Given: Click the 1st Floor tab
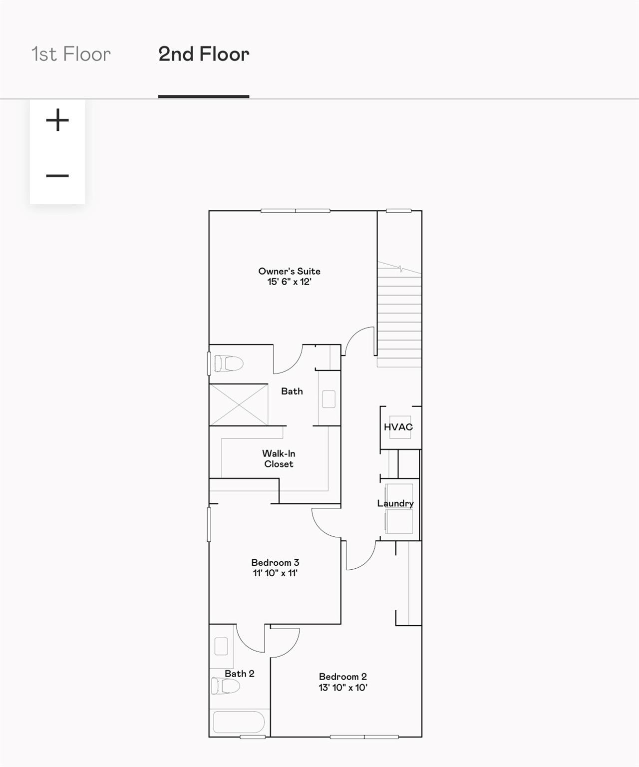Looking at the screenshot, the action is click(x=71, y=54).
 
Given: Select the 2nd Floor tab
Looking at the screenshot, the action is click(x=204, y=54).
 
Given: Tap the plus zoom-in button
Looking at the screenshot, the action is click(x=57, y=120).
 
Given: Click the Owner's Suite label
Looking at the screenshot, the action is click(x=290, y=271).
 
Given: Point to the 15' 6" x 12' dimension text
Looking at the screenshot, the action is click(x=290, y=282).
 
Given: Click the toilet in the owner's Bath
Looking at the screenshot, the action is click(x=229, y=364).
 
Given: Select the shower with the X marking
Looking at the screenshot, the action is click(x=239, y=405).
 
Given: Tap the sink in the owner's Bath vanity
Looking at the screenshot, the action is click(x=328, y=399).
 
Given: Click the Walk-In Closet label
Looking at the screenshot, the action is click(x=279, y=459).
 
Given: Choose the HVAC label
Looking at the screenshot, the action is click(x=398, y=427).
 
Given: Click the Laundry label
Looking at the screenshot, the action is click(x=395, y=503).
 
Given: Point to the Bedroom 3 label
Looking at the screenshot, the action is click(x=276, y=562).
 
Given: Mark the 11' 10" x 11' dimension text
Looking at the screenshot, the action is click(x=276, y=573).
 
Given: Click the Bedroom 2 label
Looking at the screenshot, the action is click(x=343, y=677).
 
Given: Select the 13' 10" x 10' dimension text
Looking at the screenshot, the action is click(x=343, y=687).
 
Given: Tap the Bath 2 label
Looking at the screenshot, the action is click(x=240, y=673).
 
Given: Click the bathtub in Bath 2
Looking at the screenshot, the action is click(x=239, y=722).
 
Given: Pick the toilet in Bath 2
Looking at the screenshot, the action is click(x=226, y=686).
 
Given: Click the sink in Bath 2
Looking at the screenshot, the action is click(x=221, y=647).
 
